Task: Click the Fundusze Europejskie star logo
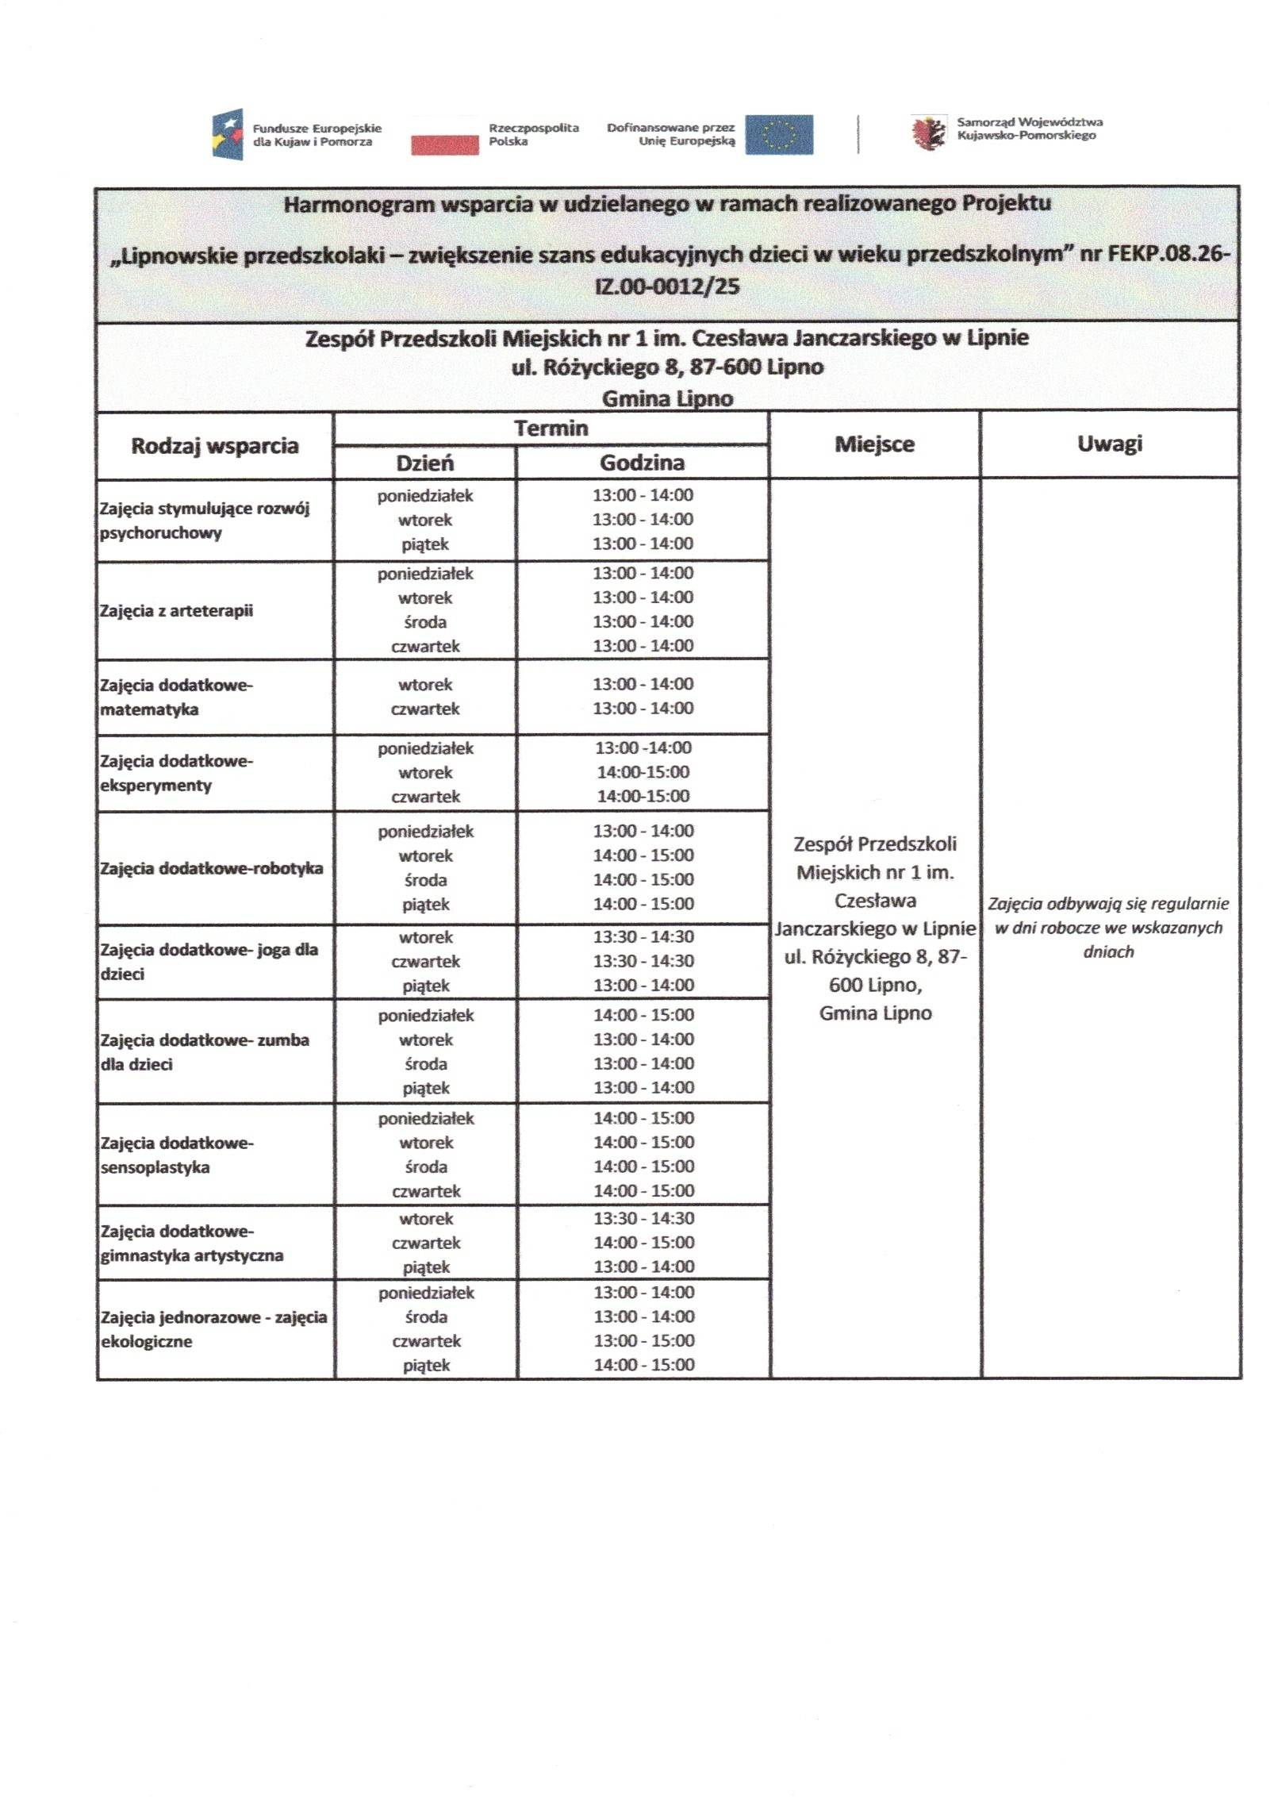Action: coord(227,133)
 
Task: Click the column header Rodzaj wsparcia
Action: coord(214,445)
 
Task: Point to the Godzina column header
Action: coord(641,462)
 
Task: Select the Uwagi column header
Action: coord(1109,444)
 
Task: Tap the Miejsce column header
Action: coord(873,444)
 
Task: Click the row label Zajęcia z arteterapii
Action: coord(176,610)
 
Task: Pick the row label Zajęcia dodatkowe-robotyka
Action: coord(211,867)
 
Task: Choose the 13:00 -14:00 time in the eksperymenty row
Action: coord(643,748)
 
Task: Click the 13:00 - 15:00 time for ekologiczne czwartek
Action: coord(643,1340)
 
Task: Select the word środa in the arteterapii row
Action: coord(424,621)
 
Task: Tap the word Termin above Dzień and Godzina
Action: coord(551,429)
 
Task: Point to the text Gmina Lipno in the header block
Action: coord(666,398)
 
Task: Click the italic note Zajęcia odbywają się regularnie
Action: coord(1107,903)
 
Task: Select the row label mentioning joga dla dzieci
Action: coord(208,960)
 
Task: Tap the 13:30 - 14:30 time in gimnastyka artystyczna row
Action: coord(643,1217)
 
